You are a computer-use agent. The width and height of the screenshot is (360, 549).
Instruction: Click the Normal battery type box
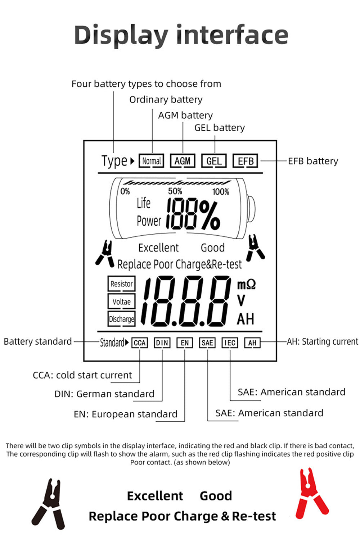click(151, 161)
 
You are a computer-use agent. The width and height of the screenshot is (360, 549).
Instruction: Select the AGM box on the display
click(183, 161)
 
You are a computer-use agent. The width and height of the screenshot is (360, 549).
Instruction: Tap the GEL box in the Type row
click(214, 161)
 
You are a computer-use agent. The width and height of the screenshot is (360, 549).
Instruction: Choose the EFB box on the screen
click(246, 161)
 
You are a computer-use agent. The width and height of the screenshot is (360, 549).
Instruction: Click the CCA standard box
click(139, 343)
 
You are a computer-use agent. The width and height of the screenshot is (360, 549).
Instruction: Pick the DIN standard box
click(162, 343)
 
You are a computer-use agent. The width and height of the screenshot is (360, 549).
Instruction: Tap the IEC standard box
click(230, 343)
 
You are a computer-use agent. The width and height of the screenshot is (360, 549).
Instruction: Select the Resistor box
click(121, 283)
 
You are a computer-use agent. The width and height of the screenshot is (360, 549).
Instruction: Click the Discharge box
click(121, 319)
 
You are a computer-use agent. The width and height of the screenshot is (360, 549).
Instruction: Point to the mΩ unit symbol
click(246, 285)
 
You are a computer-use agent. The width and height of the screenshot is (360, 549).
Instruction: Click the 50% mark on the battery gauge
click(175, 191)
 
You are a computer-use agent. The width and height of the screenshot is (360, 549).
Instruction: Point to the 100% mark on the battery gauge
click(221, 192)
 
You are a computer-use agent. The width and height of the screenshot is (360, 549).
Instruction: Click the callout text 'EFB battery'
click(313, 161)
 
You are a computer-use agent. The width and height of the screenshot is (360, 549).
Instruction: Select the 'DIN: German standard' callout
click(104, 394)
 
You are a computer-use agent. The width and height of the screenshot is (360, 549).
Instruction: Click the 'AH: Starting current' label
click(322, 341)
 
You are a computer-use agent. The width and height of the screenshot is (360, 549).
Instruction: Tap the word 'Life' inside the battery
click(143, 203)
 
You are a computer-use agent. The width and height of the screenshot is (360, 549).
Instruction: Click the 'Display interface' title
click(181, 35)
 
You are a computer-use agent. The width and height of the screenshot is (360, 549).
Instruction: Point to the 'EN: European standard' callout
click(126, 414)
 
